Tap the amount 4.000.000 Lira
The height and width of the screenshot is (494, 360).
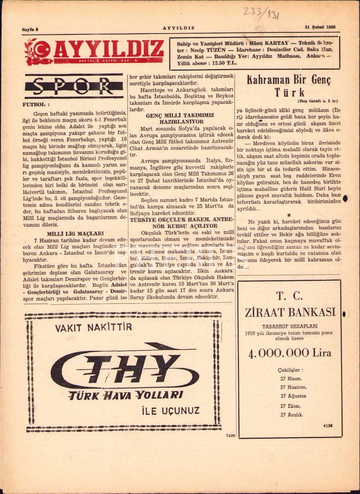(290, 353)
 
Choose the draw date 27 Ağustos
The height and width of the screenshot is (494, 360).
(294, 396)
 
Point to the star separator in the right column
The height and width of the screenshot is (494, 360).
(289, 214)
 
